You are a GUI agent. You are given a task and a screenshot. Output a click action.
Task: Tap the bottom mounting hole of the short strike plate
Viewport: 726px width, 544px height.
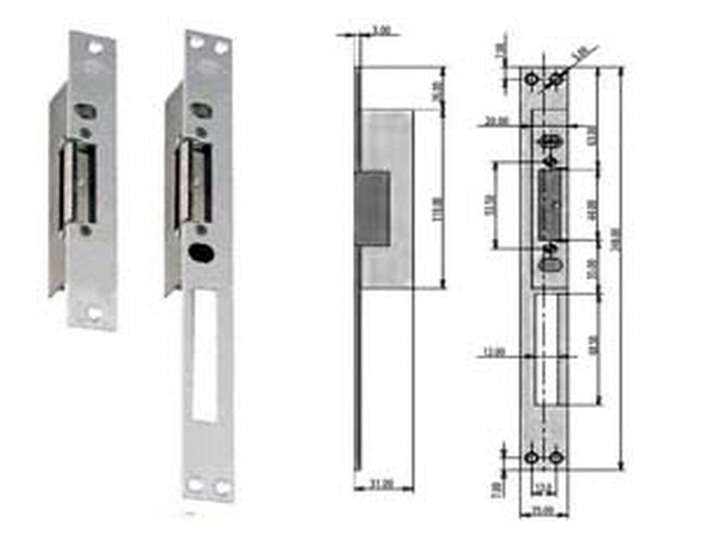(94, 313)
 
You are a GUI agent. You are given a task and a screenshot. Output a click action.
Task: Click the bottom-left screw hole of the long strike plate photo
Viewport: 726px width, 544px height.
(196, 485)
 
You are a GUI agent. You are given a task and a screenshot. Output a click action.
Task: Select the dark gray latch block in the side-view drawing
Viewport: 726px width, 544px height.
(371, 207)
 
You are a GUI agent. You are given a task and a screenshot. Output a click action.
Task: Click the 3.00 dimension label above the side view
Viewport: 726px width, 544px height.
(381, 31)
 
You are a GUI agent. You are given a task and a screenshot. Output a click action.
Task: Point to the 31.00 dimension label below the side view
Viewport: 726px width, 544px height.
(382, 482)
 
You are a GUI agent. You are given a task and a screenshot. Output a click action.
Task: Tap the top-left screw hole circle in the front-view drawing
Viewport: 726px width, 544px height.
(531, 77)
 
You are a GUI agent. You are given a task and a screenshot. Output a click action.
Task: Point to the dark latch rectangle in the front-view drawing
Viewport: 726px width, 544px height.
(550, 204)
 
